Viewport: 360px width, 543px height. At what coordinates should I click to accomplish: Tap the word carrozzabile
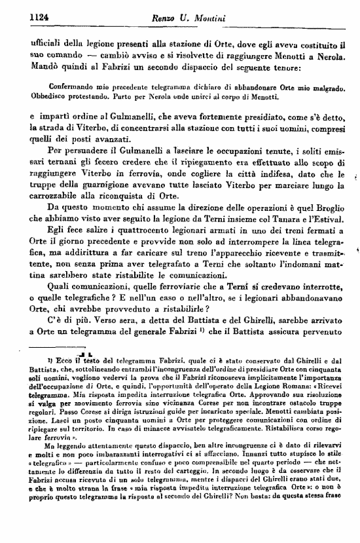57,202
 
